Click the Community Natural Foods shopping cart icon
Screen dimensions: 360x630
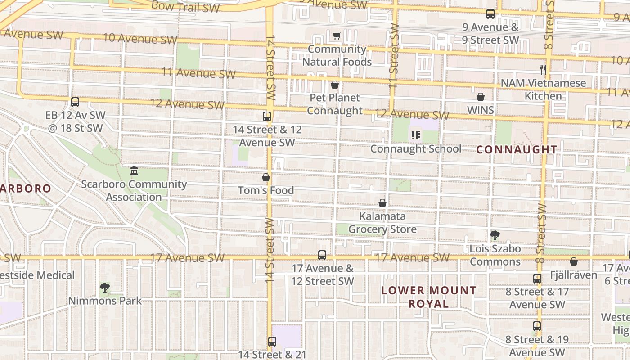tap(337, 36)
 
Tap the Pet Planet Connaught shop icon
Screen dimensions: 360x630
tap(334, 85)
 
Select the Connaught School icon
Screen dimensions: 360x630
tap(415, 135)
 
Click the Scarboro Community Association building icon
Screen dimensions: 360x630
tap(134, 171)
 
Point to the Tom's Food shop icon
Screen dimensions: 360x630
tap(266, 177)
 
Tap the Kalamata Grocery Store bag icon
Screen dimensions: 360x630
tap(382, 203)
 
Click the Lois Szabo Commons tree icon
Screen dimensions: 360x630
tap(495, 235)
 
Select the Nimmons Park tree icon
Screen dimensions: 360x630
tap(104, 288)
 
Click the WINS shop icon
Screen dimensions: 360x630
tap(481, 97)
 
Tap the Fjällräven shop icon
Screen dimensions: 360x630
tap(574, 261)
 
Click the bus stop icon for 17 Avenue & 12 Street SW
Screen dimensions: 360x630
tap(322, 255)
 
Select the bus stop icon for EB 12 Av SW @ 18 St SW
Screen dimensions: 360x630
tap(75, 102)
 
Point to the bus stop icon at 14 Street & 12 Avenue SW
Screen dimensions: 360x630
tap(267, 117)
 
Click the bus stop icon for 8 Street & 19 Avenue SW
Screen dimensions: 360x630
tap(537, 326)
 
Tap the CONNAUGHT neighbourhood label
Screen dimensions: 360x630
tap(517, 150)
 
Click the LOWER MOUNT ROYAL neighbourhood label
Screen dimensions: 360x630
tap(428, 297)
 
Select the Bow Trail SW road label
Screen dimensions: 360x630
tap(185, 7)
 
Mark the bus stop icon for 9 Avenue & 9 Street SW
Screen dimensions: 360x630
tap(490, 14)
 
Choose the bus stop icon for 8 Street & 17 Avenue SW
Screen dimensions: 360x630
tap(537, 279)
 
